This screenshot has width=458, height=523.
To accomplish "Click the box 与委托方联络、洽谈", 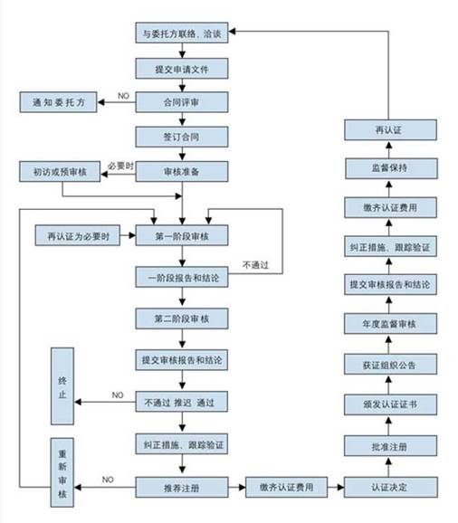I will pyautogui.click(x=181, y=34).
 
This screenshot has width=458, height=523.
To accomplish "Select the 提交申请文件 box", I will pyautogui.click(x=181, y=68).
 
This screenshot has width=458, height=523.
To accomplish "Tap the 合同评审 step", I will pyautogui.click(x=181, y=102).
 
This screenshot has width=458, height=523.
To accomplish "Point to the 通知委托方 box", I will pyautogui.click(x=58, y=102).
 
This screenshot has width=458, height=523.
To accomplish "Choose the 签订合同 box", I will pyautogui.click(x=181, y=137).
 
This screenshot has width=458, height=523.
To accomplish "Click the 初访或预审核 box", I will pyautogui.click(x=58, y=171).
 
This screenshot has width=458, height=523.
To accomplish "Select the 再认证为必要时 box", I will pyautogui.click(x=79, y=236).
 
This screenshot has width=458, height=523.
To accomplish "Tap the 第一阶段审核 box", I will pyautogui.click(x=181, y=236).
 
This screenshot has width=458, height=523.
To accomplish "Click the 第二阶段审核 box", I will pyautogui.click(x=181, y=319).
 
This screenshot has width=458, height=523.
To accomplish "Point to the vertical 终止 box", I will pyautogui.click(x=62, y=386).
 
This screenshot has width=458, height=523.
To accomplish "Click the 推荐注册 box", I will pyautogui.click(x=181, y=488).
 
